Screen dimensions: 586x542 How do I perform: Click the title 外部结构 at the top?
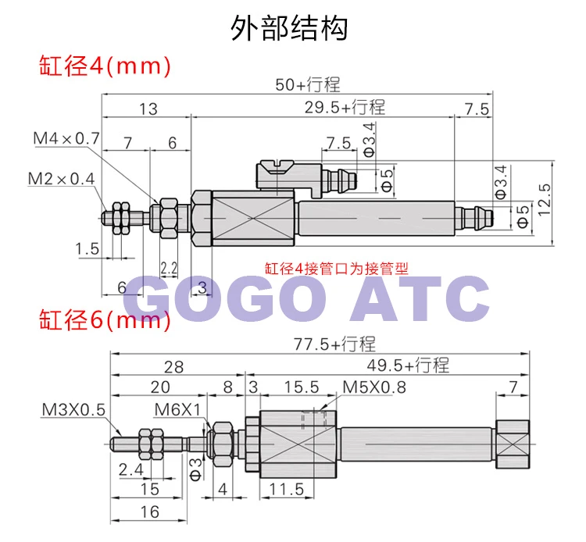[x=289, y=27]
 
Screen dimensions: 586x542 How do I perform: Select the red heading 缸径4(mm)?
[x=105, y=66]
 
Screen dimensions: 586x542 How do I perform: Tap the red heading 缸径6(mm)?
[x=105, y=319]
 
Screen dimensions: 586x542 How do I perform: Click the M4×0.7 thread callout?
[x=66, y=138]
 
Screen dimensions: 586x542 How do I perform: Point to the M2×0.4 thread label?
[x=61, y=179]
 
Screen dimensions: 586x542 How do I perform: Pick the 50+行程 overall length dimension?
[x=308, y=85]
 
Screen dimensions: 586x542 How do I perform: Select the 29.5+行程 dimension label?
[x=345, y=107]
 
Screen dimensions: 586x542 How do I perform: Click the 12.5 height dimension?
[x=544, y=199]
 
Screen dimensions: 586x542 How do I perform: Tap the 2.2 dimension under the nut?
[x=169, y=268]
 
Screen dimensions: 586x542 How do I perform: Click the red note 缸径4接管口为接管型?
[x=336, y=269]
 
